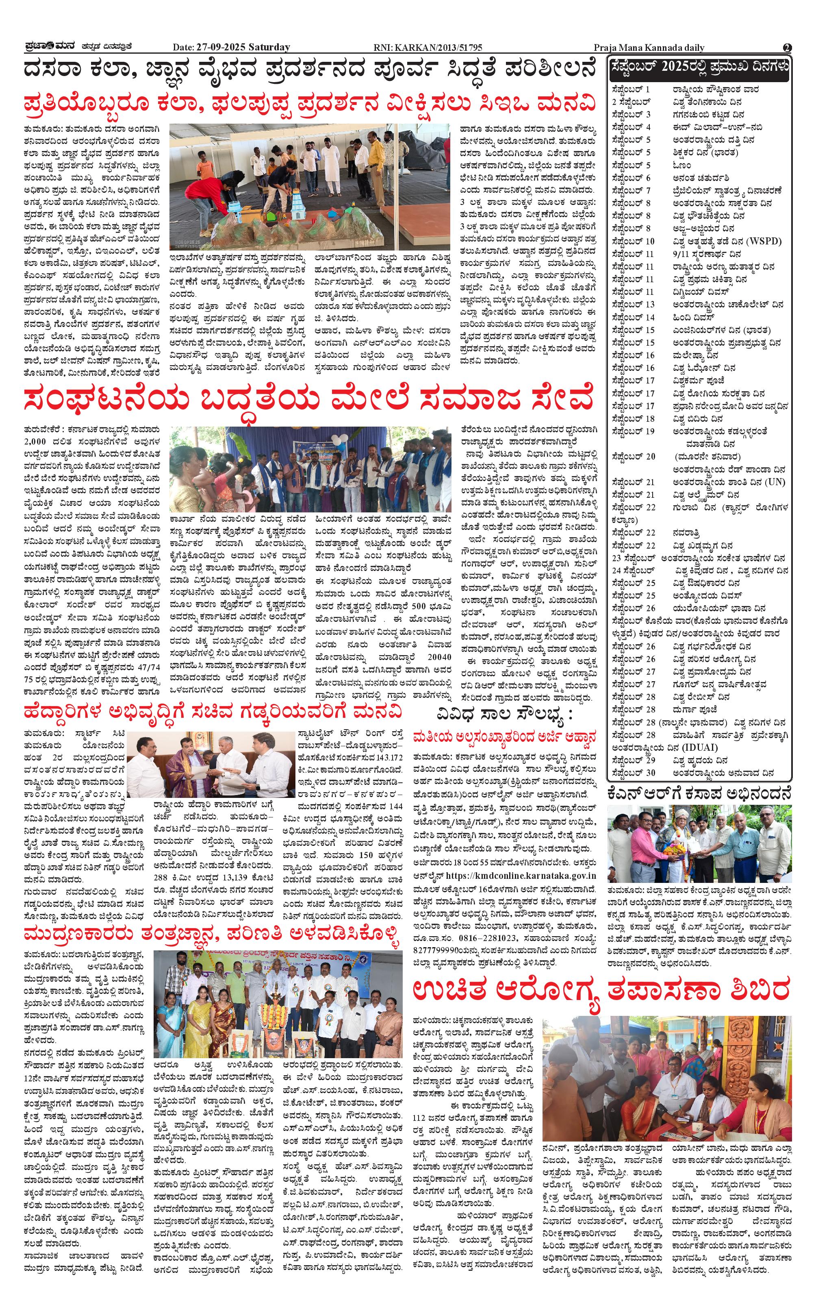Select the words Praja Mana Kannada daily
(x=649, y=48)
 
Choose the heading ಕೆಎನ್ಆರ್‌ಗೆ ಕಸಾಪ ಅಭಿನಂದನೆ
(x=699, y=793)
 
